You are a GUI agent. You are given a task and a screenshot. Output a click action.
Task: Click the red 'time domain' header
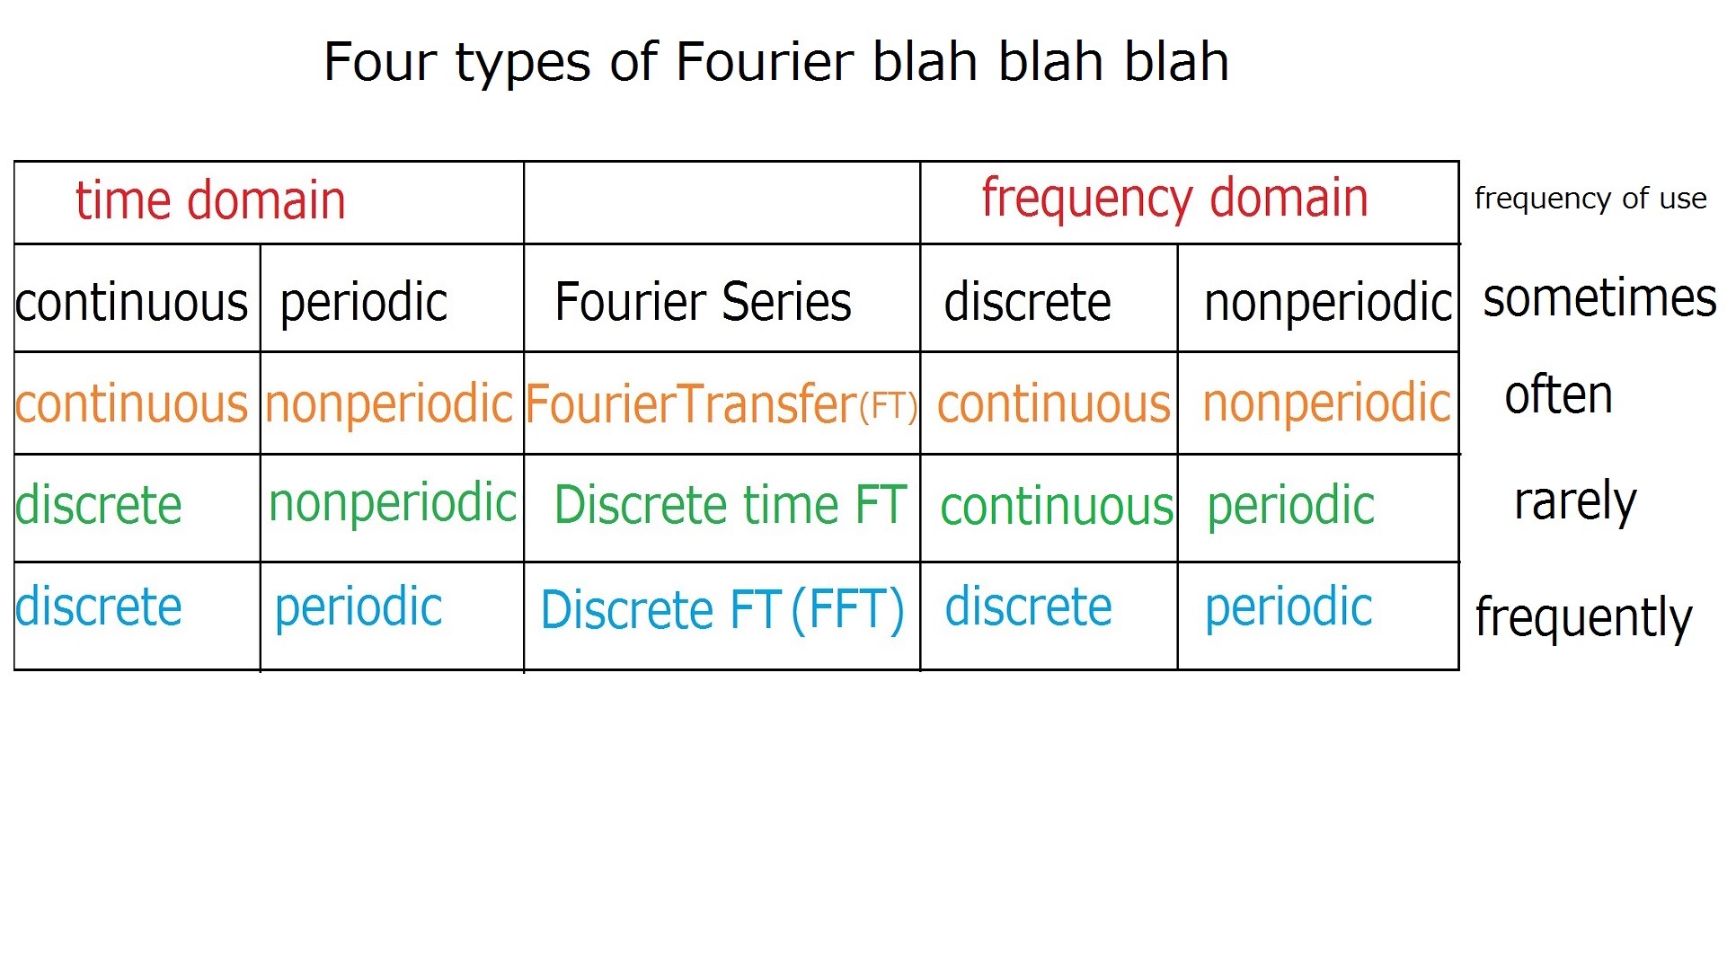[x=210, y=199]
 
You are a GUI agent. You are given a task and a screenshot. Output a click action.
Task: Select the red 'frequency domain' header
[x=1174, y=199]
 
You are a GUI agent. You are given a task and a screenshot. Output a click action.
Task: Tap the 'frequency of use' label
[x=1590, y=199]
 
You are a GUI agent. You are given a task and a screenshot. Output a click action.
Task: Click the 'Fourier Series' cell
[x=703, y=301]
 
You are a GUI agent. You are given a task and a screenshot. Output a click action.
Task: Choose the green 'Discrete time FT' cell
[x=730, y=504]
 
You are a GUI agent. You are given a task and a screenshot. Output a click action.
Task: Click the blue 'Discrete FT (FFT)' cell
[x=722, y=610]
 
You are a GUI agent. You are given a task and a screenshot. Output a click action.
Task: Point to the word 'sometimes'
[x=1599, y=298]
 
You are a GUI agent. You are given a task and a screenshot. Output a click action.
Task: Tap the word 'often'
[x=1559, y=394]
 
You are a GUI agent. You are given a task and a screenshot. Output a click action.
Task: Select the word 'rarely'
[x=1575, y=502]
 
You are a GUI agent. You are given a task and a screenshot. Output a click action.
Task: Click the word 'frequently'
[x=1583, y=617]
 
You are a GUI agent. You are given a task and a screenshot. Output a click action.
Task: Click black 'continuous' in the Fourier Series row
[x=131, y=302]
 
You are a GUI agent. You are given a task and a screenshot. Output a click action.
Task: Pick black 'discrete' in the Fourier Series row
[x=1027, y=302]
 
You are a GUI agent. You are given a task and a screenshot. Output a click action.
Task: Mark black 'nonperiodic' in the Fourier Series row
[x=1327, y=303]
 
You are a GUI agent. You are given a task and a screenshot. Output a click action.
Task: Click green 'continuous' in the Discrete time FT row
[x=1057, y=507]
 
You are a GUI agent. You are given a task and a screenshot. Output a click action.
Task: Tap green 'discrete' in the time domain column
[x=99, y=505]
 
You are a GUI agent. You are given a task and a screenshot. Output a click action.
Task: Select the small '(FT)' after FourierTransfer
[x=888, y=407]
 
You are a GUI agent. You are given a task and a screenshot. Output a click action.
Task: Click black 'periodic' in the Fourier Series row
[x=364, y=303]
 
